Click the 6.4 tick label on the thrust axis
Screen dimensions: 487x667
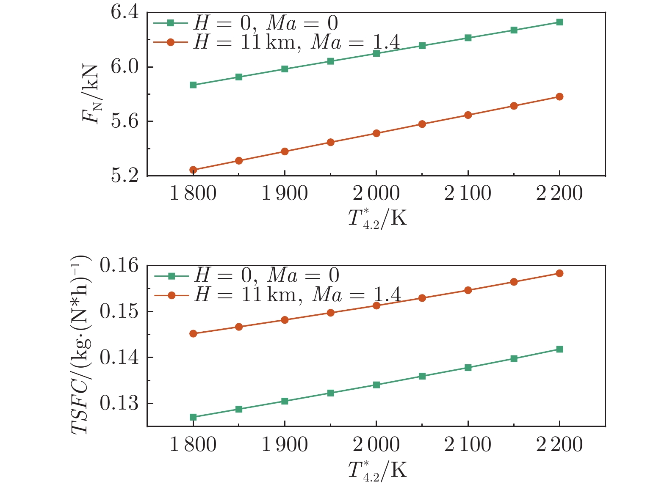click(x=125, y=13)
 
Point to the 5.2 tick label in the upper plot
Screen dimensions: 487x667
click(x=125, y=176)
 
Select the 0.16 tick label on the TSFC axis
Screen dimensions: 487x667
click(x=119, y=266)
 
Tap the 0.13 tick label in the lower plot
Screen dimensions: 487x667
click(x=119, y=404)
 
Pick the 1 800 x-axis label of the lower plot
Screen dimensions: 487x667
click(x=193, y=445)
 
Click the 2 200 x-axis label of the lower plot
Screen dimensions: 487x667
click(x=559, y=445)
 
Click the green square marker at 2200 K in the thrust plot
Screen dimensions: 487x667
click(x=559, y=22)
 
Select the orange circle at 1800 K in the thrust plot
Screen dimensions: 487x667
click(x=193, y=170)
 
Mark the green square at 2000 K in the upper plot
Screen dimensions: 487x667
click(x=376, y=53)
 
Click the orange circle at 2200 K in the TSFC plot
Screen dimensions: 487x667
click(x=559, y=273)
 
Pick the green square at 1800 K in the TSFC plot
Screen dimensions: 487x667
click(x=193, y=417)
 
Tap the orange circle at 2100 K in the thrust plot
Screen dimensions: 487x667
click(x=468, y=115)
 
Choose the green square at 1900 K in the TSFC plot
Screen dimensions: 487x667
click(x=285, y=401)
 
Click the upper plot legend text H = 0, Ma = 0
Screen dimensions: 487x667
click(x=266, y=23)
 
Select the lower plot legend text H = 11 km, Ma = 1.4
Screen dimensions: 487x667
click(x=297, y=294)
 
